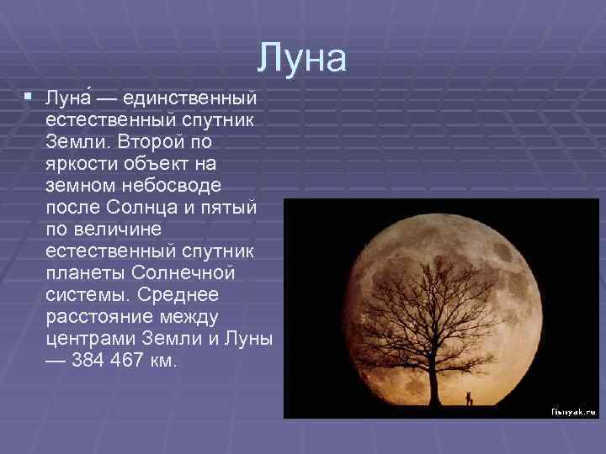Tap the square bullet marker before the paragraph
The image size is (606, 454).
(29, 98)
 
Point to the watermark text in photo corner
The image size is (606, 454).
(573, 412)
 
